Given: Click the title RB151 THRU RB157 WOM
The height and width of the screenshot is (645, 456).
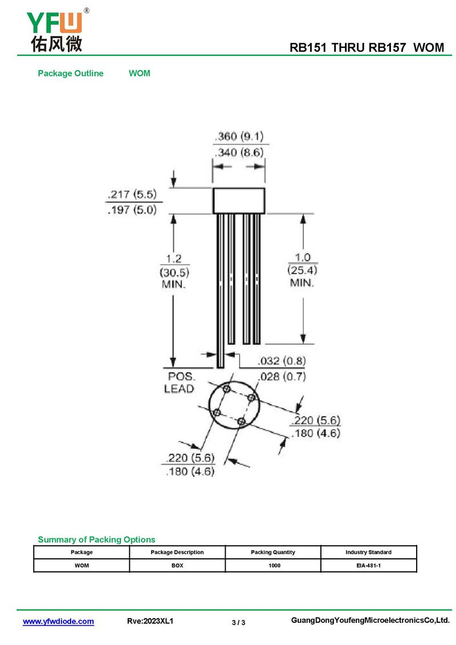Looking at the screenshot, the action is pos(367,48).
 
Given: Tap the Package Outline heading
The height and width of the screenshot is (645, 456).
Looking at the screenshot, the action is pos(71,73).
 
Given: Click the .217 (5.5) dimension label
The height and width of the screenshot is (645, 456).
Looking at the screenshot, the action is pos(132,194).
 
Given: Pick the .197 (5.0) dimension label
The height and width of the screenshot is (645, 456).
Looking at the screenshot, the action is pos(132,210).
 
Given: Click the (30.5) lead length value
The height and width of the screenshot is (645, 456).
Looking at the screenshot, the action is pos(174,272).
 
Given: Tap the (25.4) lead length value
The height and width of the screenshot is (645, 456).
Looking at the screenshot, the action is pos(302,270).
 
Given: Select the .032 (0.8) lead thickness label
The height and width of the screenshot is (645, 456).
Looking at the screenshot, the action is pos(282,361).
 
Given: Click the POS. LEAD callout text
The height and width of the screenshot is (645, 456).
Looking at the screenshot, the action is pos(180,382).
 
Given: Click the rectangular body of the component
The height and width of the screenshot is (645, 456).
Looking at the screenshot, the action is pos(239,201).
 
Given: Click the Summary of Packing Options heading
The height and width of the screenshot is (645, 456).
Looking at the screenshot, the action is pos(96,539).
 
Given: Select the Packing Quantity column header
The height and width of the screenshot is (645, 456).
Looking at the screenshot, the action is pos(273,552).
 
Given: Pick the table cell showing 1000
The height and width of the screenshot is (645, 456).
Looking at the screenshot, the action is pos(274,566).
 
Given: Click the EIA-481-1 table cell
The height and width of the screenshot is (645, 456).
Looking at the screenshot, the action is pos(368,566).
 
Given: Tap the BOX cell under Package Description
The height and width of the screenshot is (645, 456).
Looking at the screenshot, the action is pos(177,566).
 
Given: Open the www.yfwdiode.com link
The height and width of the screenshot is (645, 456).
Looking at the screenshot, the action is pos(58,621).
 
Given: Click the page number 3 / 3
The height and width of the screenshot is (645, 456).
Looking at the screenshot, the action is pos(239,622).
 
